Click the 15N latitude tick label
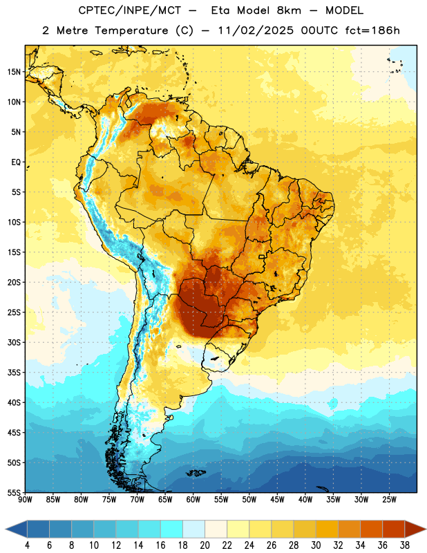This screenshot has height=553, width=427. (14, 72)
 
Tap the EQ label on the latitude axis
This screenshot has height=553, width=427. (16, 162)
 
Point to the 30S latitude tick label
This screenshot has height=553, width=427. (14, 342)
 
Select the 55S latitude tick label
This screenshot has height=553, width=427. (14, 493)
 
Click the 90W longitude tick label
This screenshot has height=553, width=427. (25, 500)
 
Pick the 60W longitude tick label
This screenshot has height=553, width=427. (193, 500)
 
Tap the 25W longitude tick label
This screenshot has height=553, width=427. (389, 500)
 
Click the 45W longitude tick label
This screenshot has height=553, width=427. (277, 500)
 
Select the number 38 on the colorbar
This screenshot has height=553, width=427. (405, 545)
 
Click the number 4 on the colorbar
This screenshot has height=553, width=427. (27, 545)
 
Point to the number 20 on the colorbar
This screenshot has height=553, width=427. (205, 545)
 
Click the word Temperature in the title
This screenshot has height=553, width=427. (131, 30)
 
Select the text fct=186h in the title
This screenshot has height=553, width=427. (372, 30)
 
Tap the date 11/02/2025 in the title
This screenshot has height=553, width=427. (256, 30)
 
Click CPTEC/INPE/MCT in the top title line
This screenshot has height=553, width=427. (130, 10)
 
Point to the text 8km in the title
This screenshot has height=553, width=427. (289, 10)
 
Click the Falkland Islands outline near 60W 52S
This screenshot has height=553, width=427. (196, 473)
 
